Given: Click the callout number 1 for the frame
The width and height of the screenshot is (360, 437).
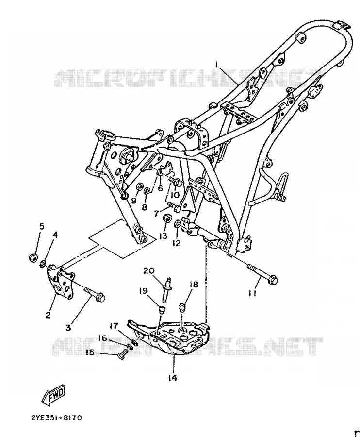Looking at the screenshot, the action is click(x=217, y=65).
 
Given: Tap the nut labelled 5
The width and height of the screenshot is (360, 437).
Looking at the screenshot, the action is click(x=33, y=257).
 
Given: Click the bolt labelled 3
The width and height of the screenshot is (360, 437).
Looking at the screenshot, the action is click(x=95, y=294).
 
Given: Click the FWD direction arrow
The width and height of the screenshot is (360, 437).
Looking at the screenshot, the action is click(x=53, y=395).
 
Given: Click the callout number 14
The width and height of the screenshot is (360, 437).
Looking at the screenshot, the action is click(x=173, y=378).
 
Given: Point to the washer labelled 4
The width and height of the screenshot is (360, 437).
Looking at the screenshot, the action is click(x=43, y=263).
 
